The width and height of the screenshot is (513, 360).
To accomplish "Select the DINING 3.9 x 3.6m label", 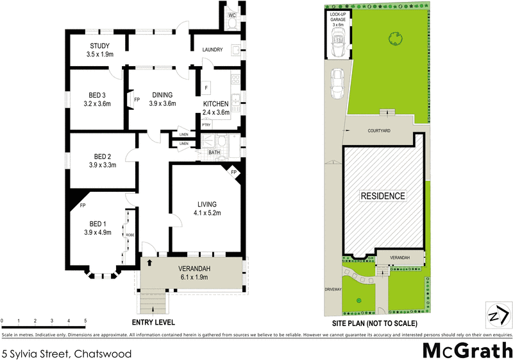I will click(162, 99).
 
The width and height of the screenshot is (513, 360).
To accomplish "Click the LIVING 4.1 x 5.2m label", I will click(206, 209).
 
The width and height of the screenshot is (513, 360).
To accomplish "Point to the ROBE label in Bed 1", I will click(130, 236).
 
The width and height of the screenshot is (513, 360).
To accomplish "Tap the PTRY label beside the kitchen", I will click(206, 126).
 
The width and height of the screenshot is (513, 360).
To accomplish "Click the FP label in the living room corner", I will click(234, 173).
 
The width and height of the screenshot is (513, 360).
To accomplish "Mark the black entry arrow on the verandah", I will click(149, 263).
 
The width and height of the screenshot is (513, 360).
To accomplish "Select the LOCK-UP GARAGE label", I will click(338, 20).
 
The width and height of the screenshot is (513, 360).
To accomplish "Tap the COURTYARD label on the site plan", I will click(378, 130).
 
